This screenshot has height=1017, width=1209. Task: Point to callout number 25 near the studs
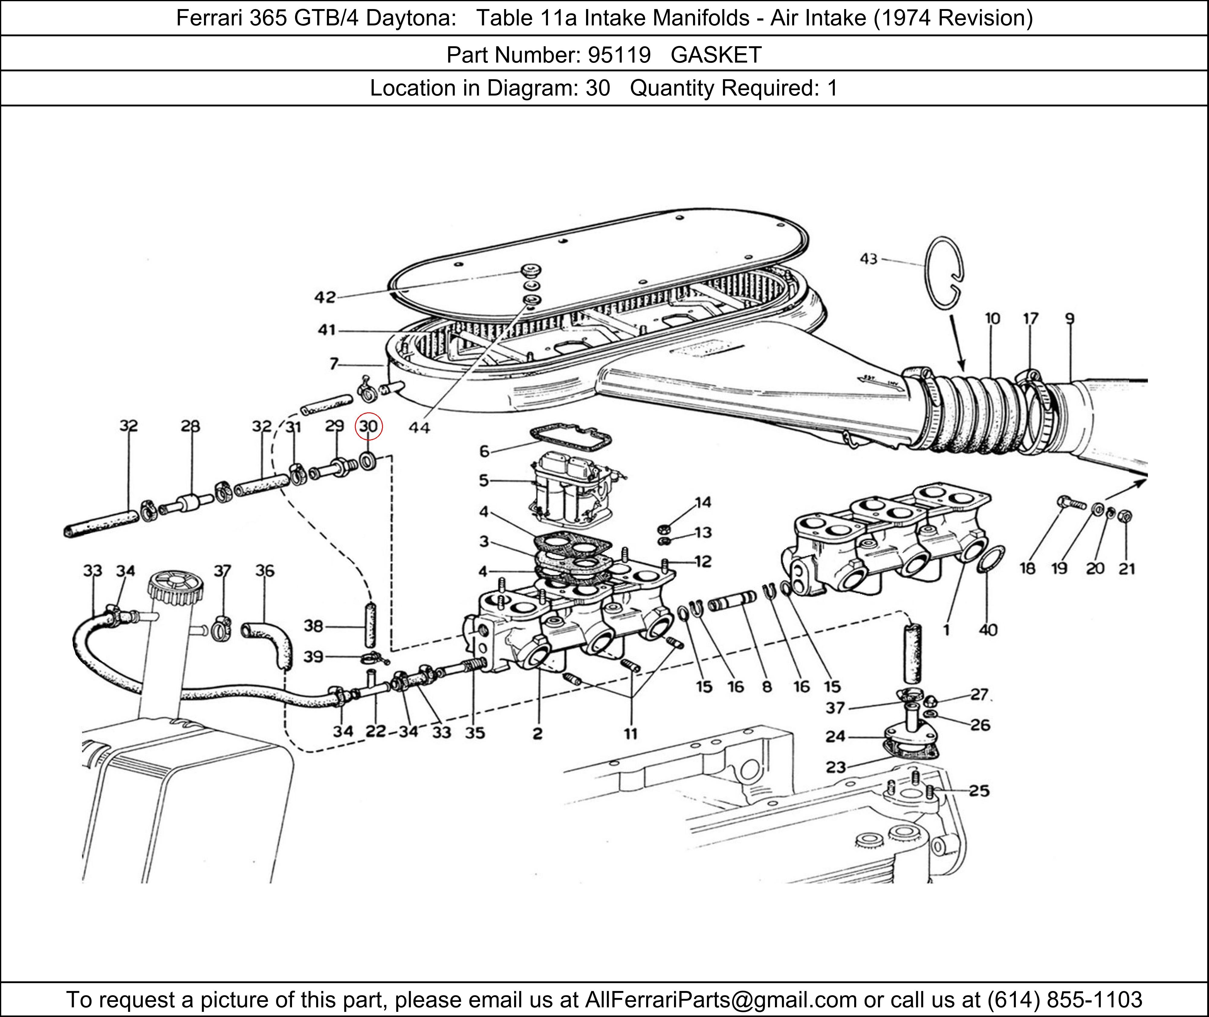point(978,791)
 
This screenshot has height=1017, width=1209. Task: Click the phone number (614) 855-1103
point(1064,999)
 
